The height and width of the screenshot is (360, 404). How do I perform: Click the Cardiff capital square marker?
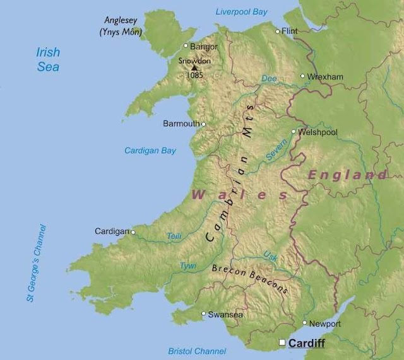[x=282, y=342]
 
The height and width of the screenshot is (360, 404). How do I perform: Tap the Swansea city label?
[x=226, y=314]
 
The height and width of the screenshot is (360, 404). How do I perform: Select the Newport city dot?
[x=305, y=323]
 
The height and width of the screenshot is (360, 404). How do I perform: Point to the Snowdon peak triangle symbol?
[x=194, y=67]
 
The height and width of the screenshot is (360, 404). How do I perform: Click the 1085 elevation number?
[x=194, y=75]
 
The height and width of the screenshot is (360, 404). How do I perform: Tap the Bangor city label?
[x=204, y=46]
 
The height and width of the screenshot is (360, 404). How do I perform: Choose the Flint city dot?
[x=277, y=31]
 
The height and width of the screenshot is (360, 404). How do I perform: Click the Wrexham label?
[x=326, y=77]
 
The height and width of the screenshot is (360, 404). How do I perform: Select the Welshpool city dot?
[x=294, y=132]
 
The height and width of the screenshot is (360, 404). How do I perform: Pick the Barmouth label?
[x=181, y=124]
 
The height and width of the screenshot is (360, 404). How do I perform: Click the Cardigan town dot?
[x=133, y=232]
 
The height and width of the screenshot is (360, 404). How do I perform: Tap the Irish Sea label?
[x=48, y=59]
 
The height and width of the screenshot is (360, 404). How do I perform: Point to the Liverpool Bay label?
[x=242, y=11]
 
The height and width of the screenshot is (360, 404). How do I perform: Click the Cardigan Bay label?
[x=150, y=151]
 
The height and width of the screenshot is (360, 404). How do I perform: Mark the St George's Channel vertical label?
[x=37, y=262]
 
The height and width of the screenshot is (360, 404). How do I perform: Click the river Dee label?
[x=269, y=79]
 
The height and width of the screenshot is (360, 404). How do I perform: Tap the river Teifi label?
[x=174, y=236]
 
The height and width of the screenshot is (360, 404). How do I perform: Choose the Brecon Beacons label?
[x=250, y=278]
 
